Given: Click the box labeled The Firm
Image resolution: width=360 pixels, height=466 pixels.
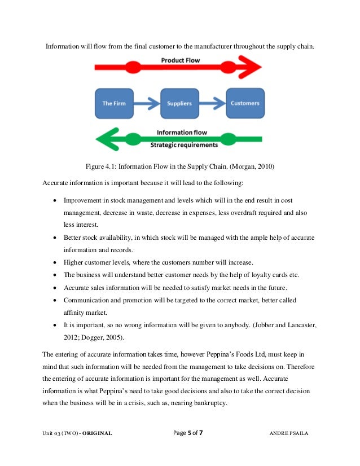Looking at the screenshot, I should pyautogui.click(x=114, y=103).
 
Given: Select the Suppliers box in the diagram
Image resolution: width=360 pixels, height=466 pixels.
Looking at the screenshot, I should pyautogui.click(x=179, y=103).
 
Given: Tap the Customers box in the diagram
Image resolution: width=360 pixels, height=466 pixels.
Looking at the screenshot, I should pyautogui.click(x=245, y=103).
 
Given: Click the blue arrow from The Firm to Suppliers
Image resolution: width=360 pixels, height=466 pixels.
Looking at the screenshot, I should pyautogui.click(x=147, y=103).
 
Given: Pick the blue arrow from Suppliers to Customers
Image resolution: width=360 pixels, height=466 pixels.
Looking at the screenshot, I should pyautogui.click(x=212, y=103).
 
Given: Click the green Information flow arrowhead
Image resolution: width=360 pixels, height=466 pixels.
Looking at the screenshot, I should pyautogui.click(x=105, y=138).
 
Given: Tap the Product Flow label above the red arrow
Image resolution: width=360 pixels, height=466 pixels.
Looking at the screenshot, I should pyautogui.click(x=181, y=60).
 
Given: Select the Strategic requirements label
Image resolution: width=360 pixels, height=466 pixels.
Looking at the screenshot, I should pyautogui.click(x=184, y=145).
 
